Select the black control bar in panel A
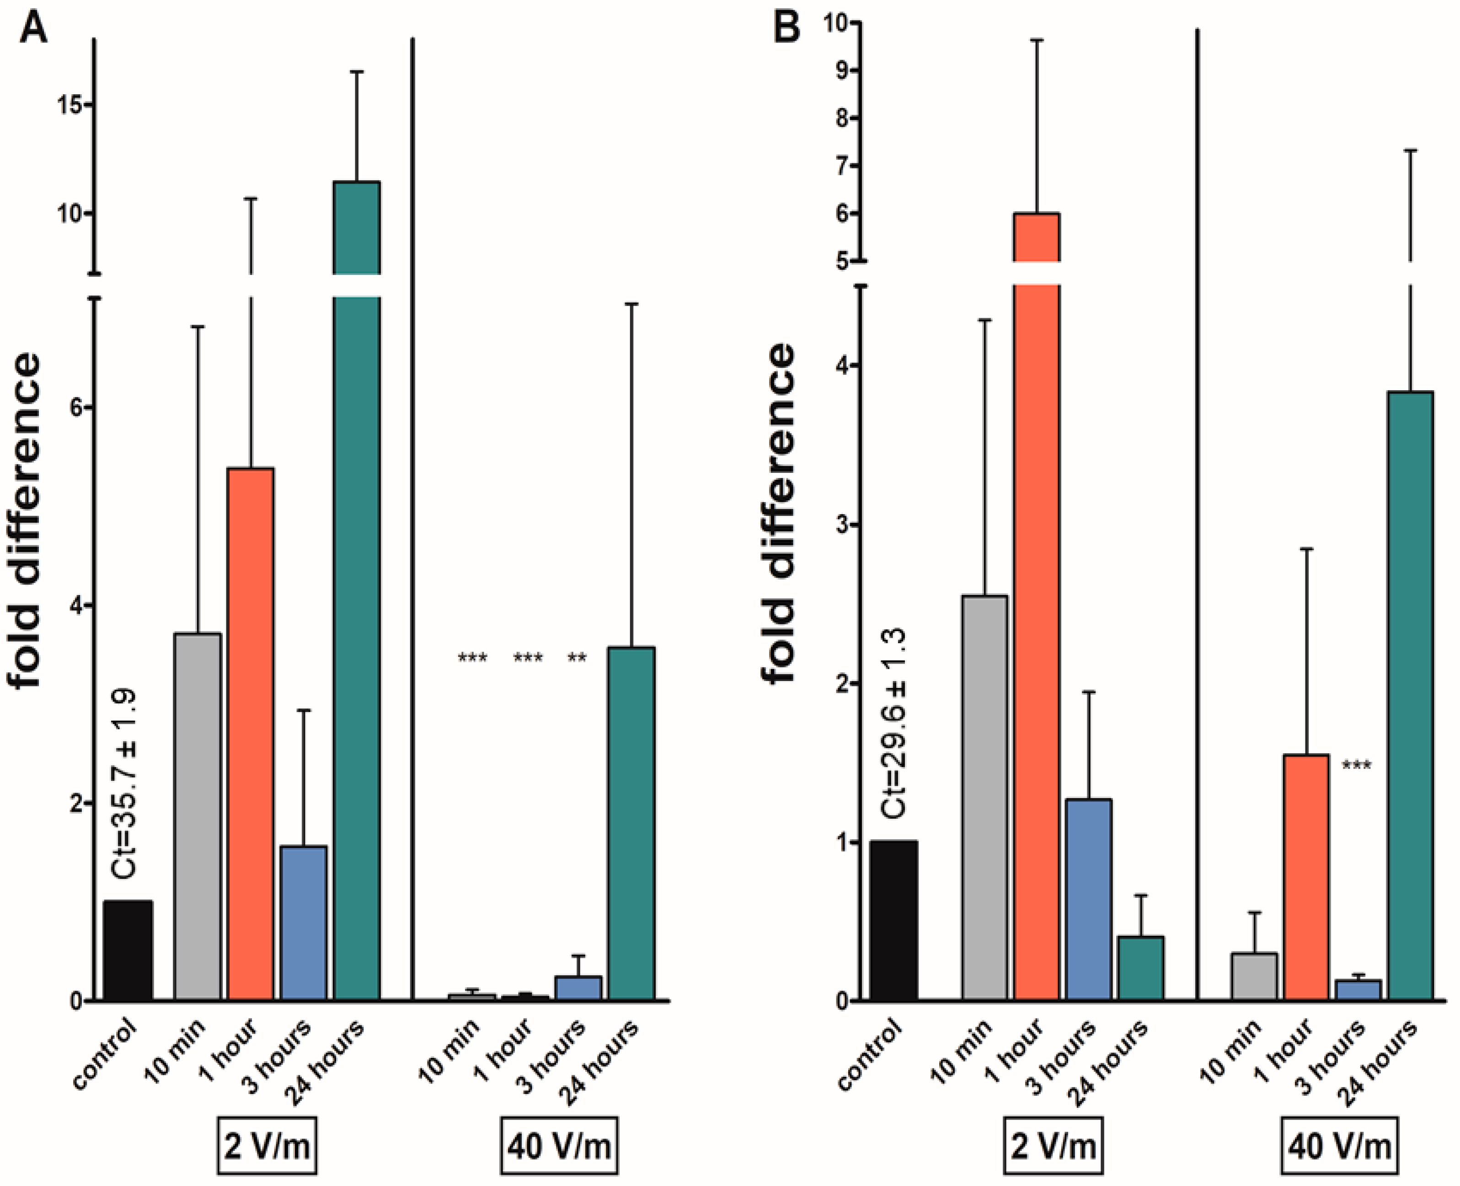[128, 951]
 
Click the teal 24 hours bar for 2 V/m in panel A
[357, 615]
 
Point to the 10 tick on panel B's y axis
[834, 22]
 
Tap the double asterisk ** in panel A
[577, 659]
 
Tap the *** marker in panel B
[1356, 765]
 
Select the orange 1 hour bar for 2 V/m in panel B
[1037, 615]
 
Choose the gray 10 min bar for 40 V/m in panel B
[1254, 977]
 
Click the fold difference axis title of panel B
[779, 512]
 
